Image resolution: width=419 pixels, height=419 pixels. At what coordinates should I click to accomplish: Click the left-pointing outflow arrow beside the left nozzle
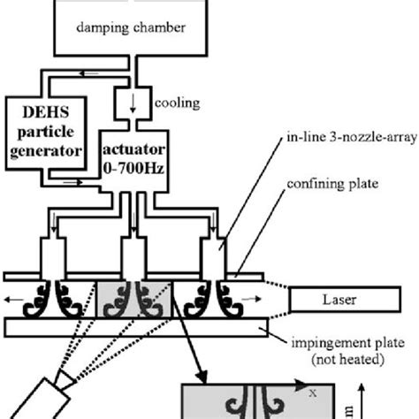click(11, 300)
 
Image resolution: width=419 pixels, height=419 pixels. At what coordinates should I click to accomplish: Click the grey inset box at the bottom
click(256, 401)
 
